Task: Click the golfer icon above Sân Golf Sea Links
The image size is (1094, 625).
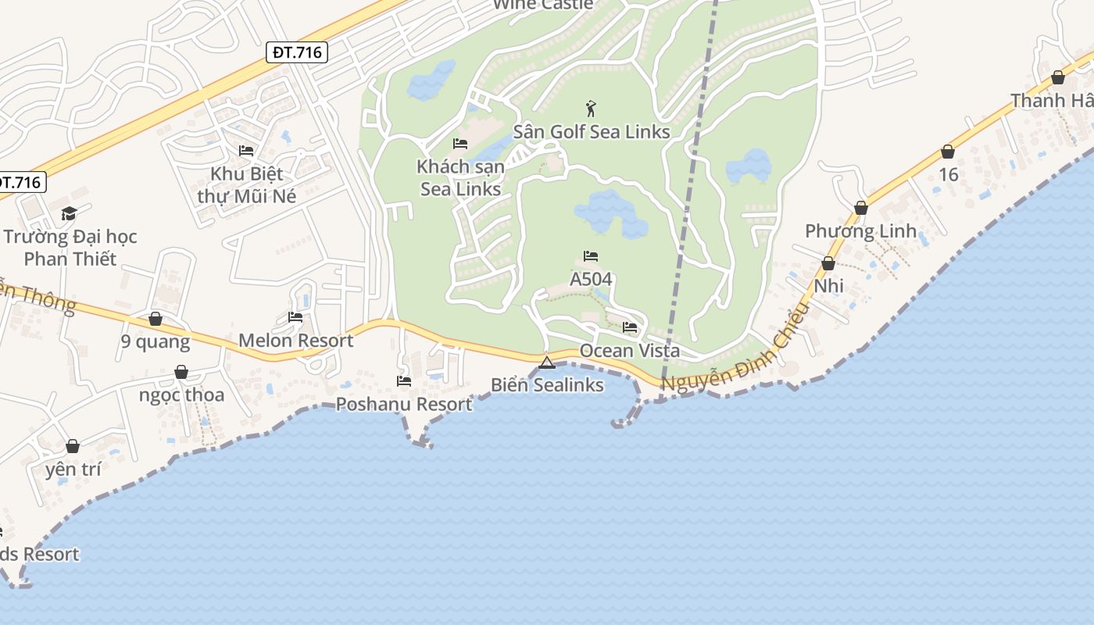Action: (x=591, y=108)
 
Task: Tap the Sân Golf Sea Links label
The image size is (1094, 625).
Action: (x=592, y=131)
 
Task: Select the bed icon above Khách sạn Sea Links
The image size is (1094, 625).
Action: (x=460, y=144)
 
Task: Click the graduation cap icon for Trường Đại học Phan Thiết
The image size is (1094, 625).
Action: (x=70, y=213)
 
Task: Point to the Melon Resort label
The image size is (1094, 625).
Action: (x=295, y=341)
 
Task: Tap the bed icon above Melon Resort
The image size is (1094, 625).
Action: (x=295, y=317)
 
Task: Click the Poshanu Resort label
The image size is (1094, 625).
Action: (x=404, y=404)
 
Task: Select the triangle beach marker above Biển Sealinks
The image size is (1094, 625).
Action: (x=547, y=362)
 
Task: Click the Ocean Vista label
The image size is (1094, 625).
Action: (x=629, y=351)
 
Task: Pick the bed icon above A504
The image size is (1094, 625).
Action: (x=591, y=256)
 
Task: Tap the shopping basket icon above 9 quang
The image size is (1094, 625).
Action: (x=156, y=319)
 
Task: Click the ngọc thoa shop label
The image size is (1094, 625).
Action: (x=181, y=395)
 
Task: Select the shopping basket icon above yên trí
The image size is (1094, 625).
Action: (x=73, y=446)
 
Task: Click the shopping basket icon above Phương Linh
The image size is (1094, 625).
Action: (x=861, y=208)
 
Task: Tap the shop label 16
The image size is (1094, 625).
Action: (x=948, y=174)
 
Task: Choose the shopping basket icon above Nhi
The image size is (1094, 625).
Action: (x=828, y=263)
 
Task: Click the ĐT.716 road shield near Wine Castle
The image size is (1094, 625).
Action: (x=297, y=52)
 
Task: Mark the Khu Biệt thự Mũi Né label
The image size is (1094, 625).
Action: (x=247, y=184)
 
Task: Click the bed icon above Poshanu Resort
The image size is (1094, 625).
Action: (x=404, y=381)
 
